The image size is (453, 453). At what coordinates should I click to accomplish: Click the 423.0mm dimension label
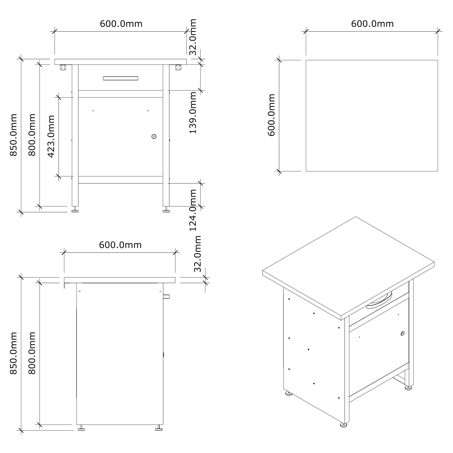pos(51,136)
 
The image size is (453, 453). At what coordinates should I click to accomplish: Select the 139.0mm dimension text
pos(193,113)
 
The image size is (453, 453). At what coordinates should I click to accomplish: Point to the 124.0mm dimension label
pos(193,210)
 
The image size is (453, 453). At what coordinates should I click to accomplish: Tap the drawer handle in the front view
pos(120,78)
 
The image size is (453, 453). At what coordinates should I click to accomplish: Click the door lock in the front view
pos(154,137)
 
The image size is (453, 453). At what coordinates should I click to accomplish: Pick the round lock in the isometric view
pos(403,334)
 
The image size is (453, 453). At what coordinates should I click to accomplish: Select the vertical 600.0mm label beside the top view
pos(271,115)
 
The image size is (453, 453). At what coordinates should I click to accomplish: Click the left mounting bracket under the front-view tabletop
pos(63,67)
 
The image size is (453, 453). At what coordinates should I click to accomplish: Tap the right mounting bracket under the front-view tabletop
pos(178,67)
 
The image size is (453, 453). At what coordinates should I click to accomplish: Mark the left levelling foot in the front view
pos(75,209)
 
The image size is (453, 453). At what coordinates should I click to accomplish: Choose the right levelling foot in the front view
pos(166,209)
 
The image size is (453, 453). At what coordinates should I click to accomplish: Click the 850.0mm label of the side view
pos(13,353)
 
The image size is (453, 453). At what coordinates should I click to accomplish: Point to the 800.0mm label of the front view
pos(32,135)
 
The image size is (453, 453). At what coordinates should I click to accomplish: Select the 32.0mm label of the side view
pos(198,254)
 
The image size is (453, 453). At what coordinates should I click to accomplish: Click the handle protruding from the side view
pos(166,297)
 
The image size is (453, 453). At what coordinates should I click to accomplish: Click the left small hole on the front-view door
pos(93,111)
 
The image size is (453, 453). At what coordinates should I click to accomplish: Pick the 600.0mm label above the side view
pos(120,245)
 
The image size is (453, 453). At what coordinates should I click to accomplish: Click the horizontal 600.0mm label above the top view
pos(372,24)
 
